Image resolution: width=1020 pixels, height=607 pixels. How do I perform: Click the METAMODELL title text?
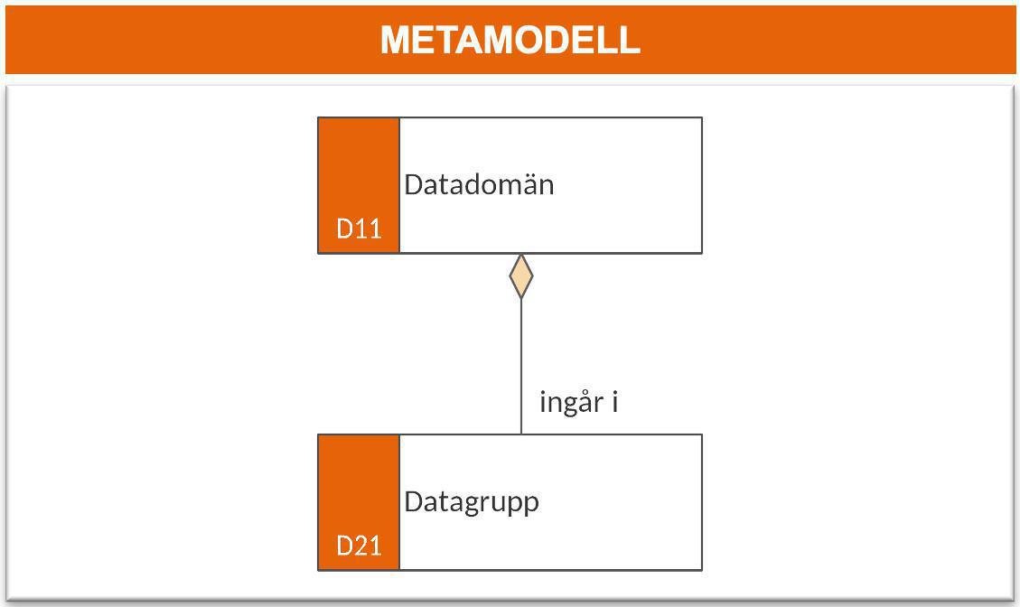click(510, 40)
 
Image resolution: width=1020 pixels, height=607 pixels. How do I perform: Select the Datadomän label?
click(479, 184)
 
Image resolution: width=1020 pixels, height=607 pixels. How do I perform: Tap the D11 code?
click(359, 229)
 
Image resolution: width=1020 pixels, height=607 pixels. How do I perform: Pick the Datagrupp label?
click(472, 502)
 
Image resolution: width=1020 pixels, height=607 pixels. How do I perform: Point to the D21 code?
click(359, 546)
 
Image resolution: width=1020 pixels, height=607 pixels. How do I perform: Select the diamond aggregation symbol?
click(521, 276)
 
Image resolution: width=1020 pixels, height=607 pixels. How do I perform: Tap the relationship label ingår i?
click(578, 402)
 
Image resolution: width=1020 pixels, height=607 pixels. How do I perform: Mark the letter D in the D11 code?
click(345, 229)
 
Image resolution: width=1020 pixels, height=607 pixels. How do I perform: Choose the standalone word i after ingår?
click(614, 402)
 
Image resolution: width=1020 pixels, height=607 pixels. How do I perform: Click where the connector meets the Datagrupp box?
click(521, 434)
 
